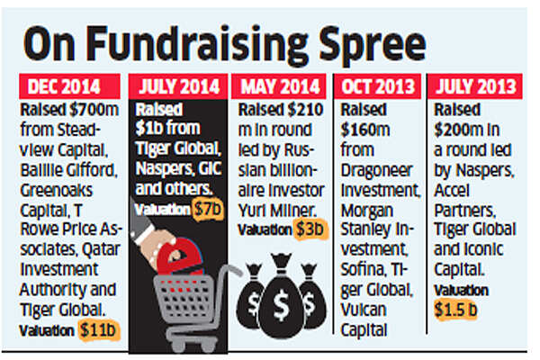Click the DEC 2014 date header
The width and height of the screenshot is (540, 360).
(73, 88)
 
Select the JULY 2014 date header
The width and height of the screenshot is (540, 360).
(180, 88)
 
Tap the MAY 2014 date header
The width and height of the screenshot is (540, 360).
(281, 88)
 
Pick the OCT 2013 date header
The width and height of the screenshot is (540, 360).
(377, 88)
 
